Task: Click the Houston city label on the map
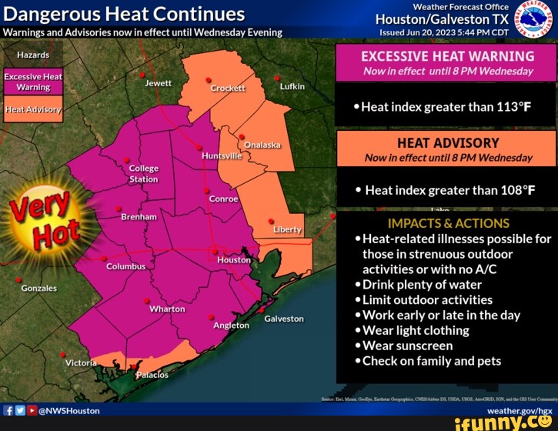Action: (234, 260)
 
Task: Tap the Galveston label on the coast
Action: (284, 319)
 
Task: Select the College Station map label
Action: (143, 174)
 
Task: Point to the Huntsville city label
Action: (222, 155)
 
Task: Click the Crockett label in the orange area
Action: (228, 89)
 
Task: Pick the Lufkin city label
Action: (292, 86)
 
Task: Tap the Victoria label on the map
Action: (81, 363)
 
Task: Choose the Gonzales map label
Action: (38, 288)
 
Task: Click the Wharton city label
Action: (167, 309)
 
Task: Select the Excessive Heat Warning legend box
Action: (33, 82)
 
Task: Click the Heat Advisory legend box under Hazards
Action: (33, 109)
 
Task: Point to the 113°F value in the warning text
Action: (505, 107)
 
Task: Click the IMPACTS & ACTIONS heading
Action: (449, 223)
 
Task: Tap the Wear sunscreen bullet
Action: (407, 346)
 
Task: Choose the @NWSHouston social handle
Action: (69, 411)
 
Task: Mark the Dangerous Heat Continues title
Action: (125, 14)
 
